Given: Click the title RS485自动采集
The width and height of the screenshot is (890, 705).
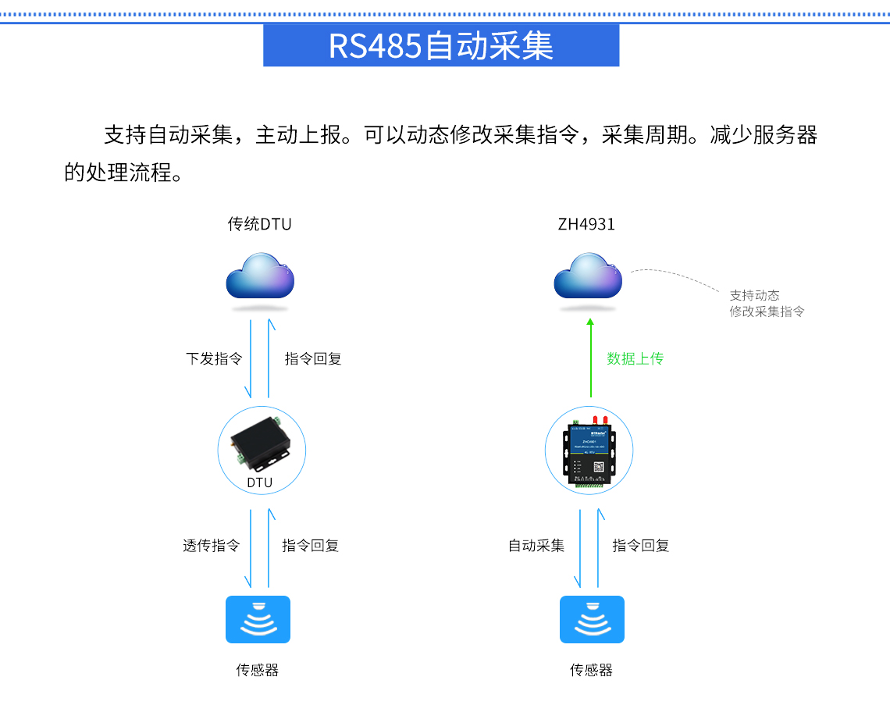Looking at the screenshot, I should point(441,45).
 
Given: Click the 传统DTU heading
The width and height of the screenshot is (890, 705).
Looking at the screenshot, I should point(259,225).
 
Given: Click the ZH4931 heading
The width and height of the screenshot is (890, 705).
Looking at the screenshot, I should point(586,225).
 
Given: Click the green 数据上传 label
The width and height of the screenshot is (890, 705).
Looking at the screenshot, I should point(635,359).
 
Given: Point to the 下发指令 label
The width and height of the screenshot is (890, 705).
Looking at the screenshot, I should point(214,359).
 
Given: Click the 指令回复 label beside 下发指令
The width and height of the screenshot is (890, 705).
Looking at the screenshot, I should point(313,359).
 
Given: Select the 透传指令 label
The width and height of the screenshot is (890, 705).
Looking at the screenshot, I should point(212,546).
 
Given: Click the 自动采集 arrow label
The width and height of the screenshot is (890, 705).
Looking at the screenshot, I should point(536,546).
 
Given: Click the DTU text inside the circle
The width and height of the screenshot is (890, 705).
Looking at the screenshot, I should point(260,482).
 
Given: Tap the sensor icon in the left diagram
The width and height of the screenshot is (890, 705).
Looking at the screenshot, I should point(258,620).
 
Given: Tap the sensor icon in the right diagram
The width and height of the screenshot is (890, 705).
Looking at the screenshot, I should point(592,620).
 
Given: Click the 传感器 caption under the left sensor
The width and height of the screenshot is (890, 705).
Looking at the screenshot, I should point(258,670).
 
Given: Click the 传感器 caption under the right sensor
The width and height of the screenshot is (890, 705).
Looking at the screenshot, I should point(592,670).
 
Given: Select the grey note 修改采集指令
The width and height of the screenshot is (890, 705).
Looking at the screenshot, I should point(767,312).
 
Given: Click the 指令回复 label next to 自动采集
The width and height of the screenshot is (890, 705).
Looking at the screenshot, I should point(641,546).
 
